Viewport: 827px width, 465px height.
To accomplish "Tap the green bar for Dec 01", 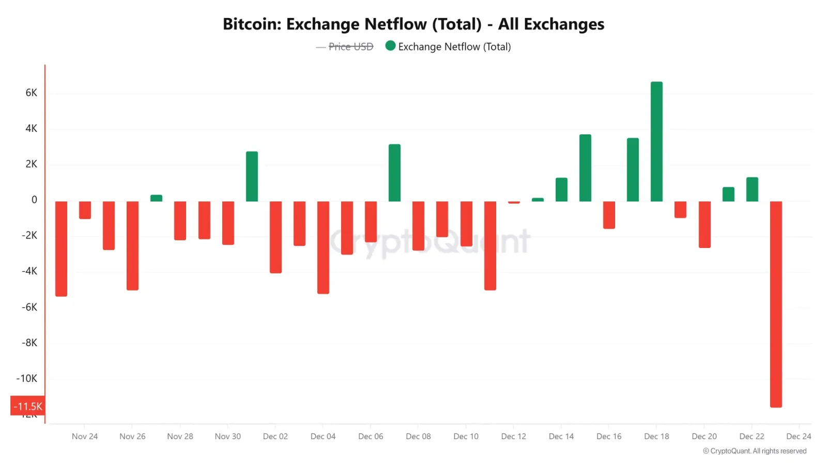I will pyautogui.click(x=252, y=176).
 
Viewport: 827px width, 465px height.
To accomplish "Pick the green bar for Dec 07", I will pyautogui.click(x=394, y=173).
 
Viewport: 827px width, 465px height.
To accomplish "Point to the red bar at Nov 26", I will pyautogui.click(x=132, y=245).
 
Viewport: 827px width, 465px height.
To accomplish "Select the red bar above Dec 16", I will pyautogui.click(x=609, y=214).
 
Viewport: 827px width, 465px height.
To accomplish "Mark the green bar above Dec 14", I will pyautogui.click(x=561, y=189).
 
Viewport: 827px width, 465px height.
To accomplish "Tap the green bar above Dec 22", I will pyautogui.click(x=752, y=189).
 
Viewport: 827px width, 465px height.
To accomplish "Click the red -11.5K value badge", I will pyautogui.click(x=28, y=406).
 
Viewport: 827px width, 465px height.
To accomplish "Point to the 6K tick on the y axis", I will pyautogui.click(x=32, y=93).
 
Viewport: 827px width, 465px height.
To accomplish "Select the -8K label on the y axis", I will pyautogui.click(x=29, y=343).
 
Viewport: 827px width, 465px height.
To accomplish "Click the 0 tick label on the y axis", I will pyautogui.click(x=34, y=200).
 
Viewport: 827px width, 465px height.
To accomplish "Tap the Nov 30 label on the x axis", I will pyautogui.click(x=227, y=437).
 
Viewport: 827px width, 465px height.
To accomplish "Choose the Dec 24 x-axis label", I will pyautogui.click(x=799, y=437).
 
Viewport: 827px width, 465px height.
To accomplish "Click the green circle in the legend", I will pyautogui.click(x=390, y=46).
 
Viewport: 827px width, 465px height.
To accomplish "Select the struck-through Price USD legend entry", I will pyautogui.click(x=350, y=47).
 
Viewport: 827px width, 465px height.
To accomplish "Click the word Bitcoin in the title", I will pyautogui.click(x=251, y=24).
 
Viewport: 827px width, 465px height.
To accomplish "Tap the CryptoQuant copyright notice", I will pyautogui.click(x=755, y=451).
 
